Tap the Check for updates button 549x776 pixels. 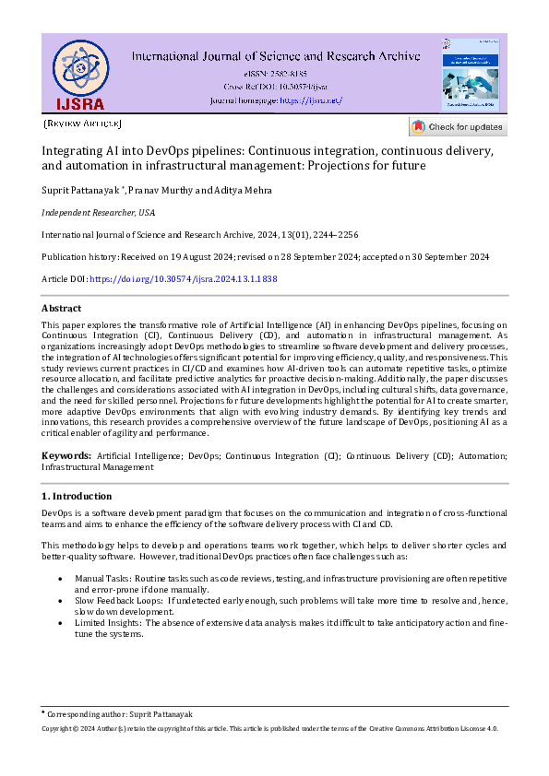click(458, 126)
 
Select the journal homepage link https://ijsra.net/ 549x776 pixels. click(310, 100)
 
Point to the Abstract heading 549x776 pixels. click(62, 308)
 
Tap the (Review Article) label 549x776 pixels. click(82, 123)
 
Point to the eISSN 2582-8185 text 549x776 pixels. click(277, 73)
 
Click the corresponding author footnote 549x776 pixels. click(119, 714)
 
